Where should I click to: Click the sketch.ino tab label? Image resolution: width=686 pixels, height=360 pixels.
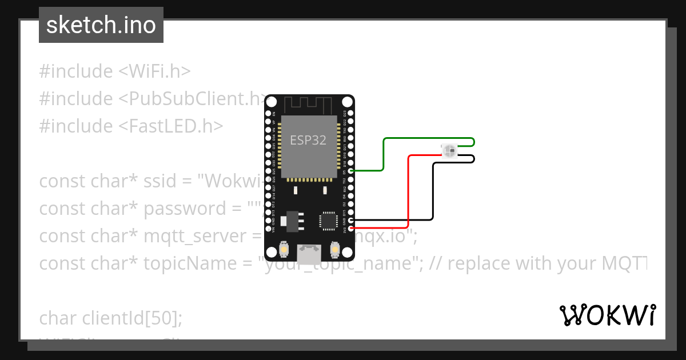pos(101,25)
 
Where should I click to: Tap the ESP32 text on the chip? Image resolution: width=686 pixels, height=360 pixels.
pos(308,140)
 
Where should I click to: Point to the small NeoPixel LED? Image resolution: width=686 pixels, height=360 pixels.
pos(449,151)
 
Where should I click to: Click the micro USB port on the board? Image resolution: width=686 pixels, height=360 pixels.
pos(309,254)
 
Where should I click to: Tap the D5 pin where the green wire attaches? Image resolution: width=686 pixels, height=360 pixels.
pos(350,170)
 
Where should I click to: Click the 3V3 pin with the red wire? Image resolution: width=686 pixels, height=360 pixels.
pos(350,228)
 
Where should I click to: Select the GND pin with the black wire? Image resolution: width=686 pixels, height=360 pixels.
pos(350,220)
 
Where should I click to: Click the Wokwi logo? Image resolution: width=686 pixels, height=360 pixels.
pos(607,315)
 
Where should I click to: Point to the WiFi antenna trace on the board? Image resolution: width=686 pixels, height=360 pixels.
pos(309,105)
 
